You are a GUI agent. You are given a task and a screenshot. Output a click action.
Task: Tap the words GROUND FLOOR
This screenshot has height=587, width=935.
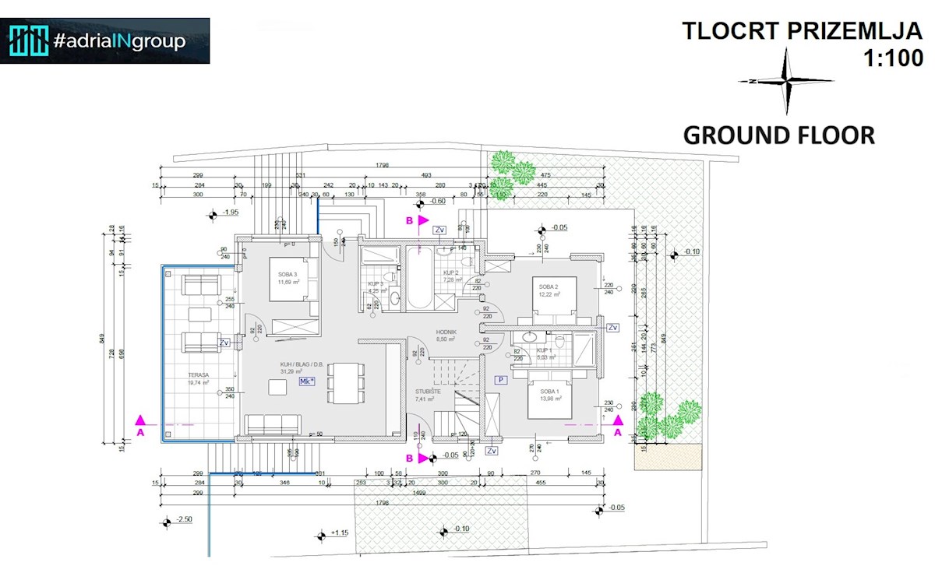click(778, 135)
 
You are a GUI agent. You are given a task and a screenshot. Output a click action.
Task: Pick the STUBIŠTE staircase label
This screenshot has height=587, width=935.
click(428, 391)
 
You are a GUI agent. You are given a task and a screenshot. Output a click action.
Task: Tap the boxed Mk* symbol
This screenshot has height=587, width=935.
click(306, 381)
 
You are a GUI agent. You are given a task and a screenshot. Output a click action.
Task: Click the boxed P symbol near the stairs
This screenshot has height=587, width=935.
click(501, 379)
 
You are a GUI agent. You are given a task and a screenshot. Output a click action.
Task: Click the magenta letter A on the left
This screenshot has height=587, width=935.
click(140, 431)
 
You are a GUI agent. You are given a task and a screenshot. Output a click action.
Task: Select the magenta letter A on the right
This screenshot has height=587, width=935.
click(618, 431)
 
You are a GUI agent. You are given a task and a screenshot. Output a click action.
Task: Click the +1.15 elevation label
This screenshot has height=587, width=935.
click(339, 533)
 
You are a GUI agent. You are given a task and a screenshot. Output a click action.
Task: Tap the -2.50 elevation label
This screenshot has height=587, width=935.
click(184, 519)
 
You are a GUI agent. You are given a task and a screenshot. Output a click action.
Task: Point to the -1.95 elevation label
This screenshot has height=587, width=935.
click(230, 213)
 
